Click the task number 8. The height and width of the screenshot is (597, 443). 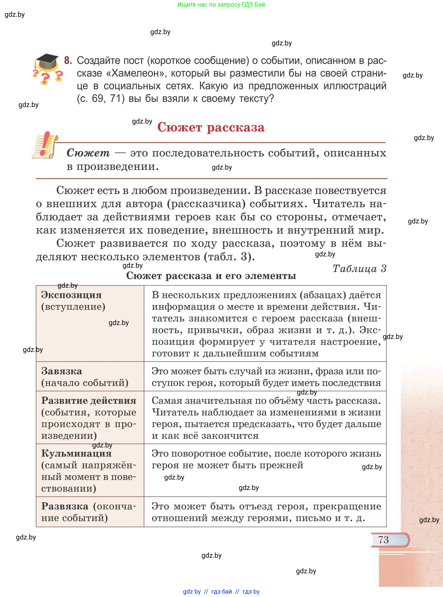(x=68, y=60)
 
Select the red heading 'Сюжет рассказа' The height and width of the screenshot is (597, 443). (x=211, y=127)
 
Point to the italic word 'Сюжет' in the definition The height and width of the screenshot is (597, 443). (x=88, y=153)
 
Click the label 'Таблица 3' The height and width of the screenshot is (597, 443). (x=359, y=269)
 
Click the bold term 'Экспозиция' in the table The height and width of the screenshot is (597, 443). (x=71, y=295)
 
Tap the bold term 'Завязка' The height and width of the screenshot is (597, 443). (x=61, y=371)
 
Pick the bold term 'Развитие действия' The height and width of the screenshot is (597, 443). (x=88, y=401)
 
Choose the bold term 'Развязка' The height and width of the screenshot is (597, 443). (x=65, y=506)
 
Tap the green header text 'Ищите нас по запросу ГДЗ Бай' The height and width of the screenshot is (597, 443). (x=221, y=5)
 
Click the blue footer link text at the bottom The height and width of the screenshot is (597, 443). (x=221, y=591)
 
